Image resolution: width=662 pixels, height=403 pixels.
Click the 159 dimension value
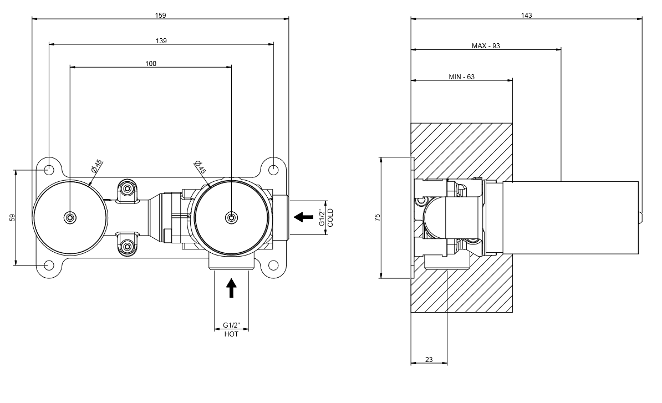(160, 15)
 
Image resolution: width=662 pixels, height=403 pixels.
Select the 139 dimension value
(161, 40)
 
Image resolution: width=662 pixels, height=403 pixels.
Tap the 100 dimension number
(151, 63)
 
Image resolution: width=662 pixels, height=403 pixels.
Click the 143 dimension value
(527, 15)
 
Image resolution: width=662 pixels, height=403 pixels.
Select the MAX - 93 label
(486, 45)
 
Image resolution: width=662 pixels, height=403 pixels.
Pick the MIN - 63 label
(461, 77)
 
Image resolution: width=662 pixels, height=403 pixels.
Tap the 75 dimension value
(378, 218)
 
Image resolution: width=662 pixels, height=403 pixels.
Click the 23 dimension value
(429, 360)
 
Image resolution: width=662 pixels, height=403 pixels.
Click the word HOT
(232, 334)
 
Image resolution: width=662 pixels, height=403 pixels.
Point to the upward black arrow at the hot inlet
(232, 288)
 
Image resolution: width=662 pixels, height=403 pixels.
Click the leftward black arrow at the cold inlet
(303, 217)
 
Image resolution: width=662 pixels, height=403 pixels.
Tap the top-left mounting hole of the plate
(49, 167)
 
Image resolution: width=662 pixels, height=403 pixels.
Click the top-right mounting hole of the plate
(273, 167)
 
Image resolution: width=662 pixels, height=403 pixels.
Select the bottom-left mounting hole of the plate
(49, 266)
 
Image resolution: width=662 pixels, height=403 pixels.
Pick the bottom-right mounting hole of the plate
(273, 266)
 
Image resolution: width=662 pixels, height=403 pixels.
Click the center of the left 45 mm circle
(70, 217)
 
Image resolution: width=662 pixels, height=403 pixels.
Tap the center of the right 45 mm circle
(231, 217)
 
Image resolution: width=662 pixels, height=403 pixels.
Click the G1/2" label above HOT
(232, 325)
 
